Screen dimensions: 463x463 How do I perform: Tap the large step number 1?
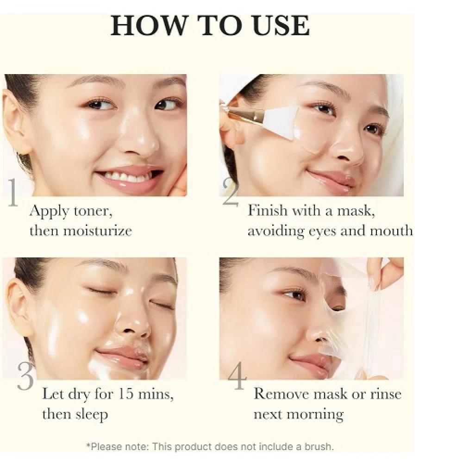[13, 192]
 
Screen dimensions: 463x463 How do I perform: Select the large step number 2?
[231, 192]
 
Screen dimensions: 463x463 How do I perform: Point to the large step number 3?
[25, 376]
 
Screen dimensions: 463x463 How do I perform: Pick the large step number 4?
[237, 375]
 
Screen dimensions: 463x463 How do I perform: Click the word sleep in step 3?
[92, 414]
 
